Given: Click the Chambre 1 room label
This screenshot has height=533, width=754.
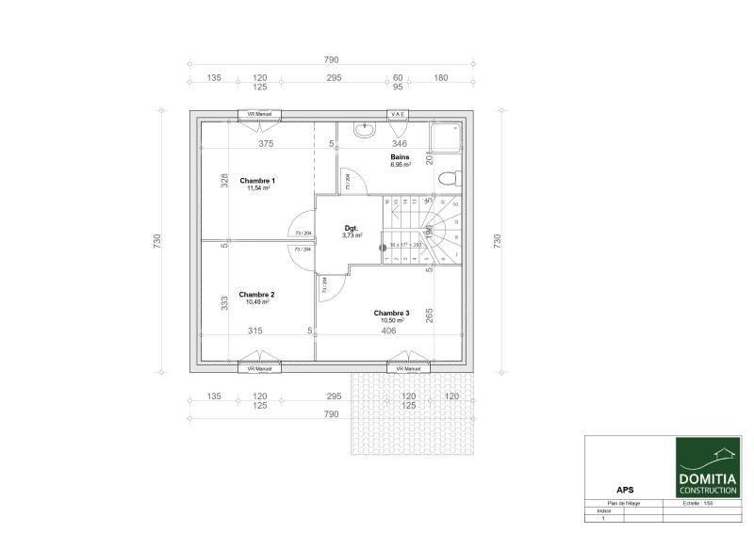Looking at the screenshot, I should tap(256, 180).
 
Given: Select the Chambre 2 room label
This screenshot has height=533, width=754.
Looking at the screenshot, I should tap(256, 294).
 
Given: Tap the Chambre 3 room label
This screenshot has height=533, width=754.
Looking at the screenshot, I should tap(391, 313).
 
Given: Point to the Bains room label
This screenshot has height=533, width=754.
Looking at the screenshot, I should tap(400, 156).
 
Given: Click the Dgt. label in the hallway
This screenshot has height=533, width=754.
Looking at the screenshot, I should tap(352, 228).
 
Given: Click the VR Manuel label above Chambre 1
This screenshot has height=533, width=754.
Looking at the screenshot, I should tap(259, 114).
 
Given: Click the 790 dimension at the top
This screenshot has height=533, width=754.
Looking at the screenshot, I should tap(331, 59).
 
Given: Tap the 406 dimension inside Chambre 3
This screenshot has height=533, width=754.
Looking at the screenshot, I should tap(388, 331).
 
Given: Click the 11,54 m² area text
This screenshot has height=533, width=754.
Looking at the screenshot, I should tap(258, 188).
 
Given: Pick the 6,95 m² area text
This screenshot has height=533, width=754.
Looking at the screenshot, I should tap(402, 165).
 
